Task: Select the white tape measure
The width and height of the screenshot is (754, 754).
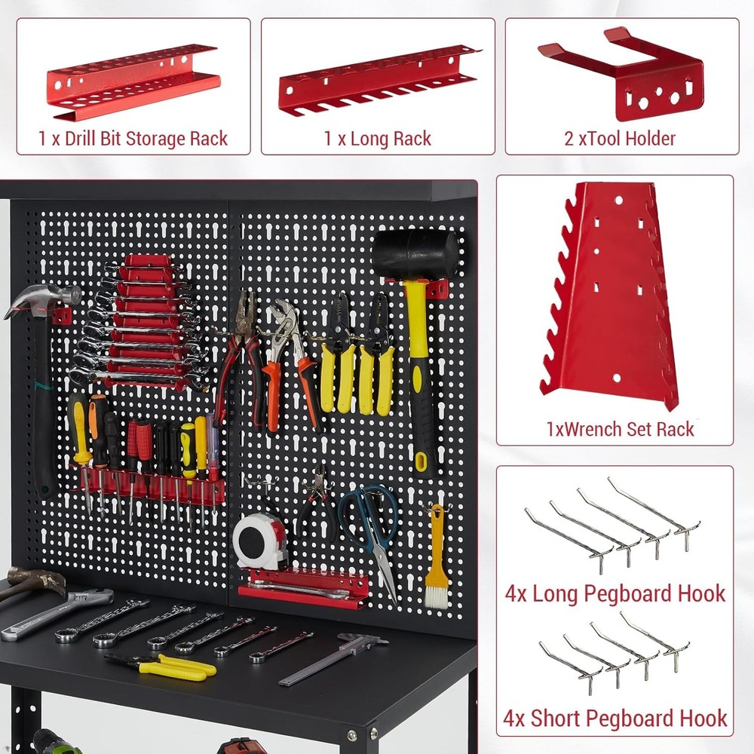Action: click(259, 540)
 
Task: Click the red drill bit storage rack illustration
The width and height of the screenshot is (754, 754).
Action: click(133, 79)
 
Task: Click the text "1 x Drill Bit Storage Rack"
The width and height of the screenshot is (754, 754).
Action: click(133, 139)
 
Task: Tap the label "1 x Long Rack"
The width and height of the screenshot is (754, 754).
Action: click(378, 139)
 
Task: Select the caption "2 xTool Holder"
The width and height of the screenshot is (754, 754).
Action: click(621, 139)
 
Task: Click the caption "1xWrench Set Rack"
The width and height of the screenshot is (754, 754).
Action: click(620, 429)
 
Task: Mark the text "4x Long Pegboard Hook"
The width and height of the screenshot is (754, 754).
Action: click(615, 593)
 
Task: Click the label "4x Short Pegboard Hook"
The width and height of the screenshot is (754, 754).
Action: click(615, 718)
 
